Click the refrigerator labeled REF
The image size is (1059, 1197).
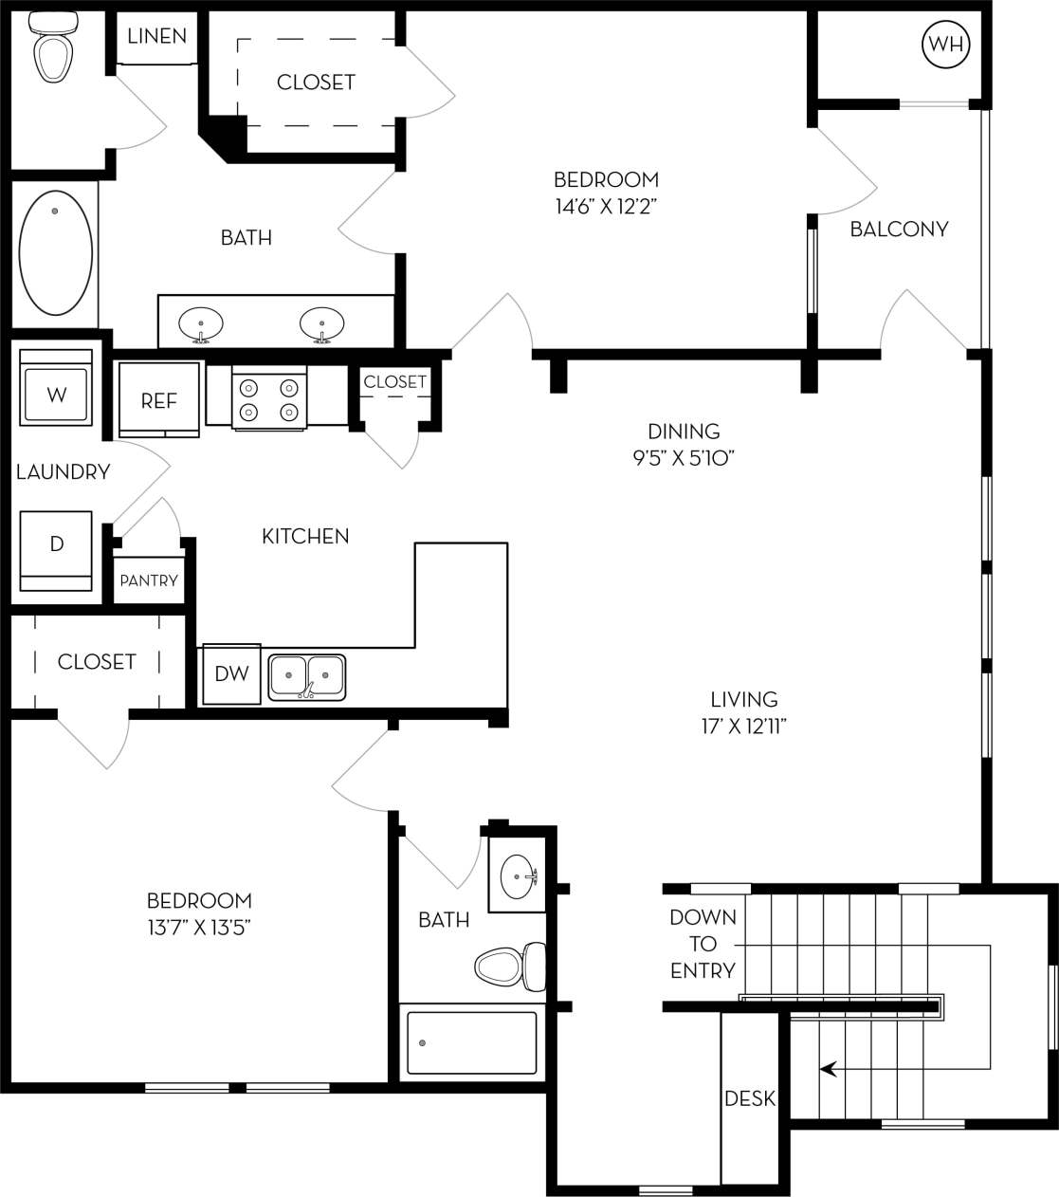click(159, 400)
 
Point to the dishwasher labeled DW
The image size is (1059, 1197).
click(231, 673)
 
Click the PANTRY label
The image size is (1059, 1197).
click(149, 580)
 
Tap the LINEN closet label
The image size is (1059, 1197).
click(157, 36)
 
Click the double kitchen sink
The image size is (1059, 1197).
click(306, 676)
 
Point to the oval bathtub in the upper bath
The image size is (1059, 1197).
click(56, 252)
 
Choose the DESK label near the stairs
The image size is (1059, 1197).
click(750, 1098)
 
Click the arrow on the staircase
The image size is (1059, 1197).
click(829, 1069)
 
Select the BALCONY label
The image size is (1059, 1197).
click(899, 229)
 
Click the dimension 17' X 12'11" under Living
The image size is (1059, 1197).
click(744, 727)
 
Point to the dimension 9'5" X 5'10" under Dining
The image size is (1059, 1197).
click(684, 457)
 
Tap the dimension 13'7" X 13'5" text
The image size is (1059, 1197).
click(199, 927)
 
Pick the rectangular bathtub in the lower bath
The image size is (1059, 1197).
click(471, 1043)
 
